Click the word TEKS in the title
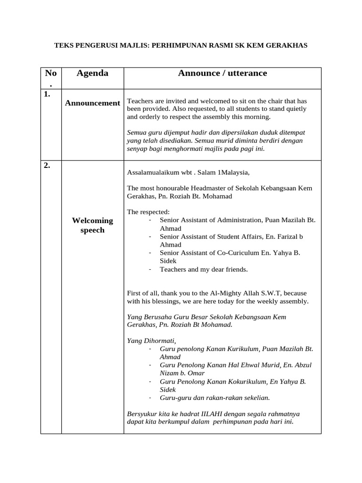tap(64, 45)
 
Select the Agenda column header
tap(92, 73)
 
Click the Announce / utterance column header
tap(222, 73)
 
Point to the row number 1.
tap(47, 94)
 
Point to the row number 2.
tap(47, 165)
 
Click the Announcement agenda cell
tap(92, 103)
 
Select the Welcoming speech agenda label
tap(92, 225)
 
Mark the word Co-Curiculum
tap(237, 253)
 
